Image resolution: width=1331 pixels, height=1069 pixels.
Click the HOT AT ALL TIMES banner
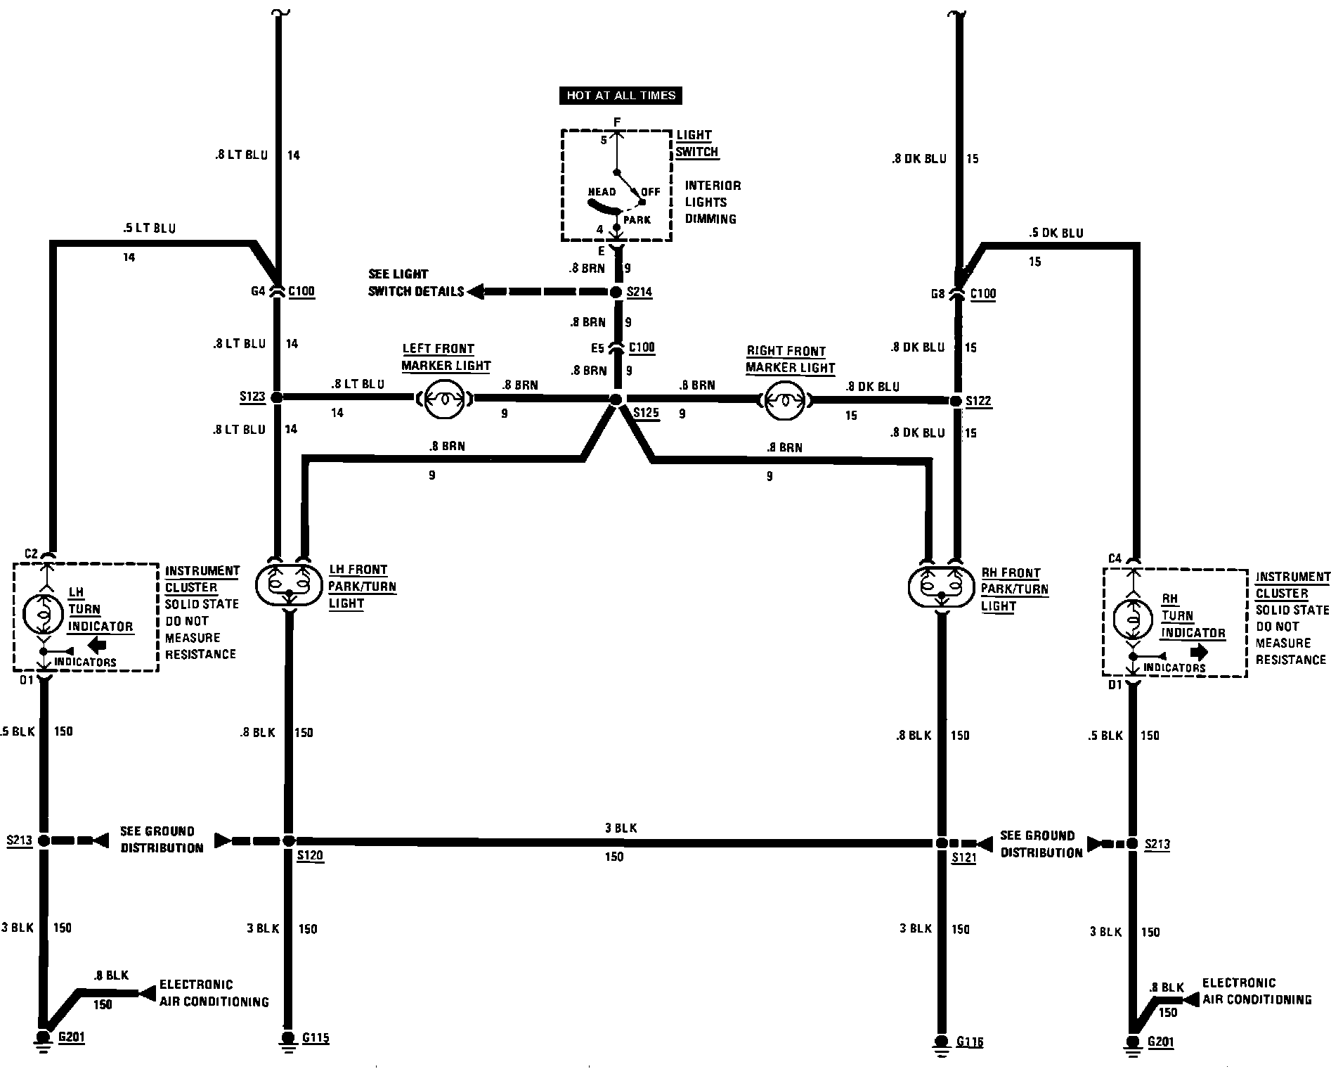point(621,96)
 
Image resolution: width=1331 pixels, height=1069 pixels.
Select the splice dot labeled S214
point(616,292)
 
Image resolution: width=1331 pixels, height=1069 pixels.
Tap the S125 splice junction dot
point(616,399)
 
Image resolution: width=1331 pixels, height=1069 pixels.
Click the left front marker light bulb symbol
point(444,398)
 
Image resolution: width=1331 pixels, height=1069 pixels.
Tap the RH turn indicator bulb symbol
point(1133,620)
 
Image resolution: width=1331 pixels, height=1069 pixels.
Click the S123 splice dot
point(277,397)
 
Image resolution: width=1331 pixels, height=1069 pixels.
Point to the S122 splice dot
point(956,401)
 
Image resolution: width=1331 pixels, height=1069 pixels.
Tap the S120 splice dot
point(289,840)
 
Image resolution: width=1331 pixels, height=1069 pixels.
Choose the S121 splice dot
point(942,843)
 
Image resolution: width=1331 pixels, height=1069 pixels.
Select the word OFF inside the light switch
point(651,192)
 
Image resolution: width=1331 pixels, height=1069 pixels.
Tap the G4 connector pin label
point(258,290)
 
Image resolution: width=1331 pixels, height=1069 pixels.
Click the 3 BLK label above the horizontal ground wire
point(621,828)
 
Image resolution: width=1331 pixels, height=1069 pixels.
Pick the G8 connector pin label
point(937,294)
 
